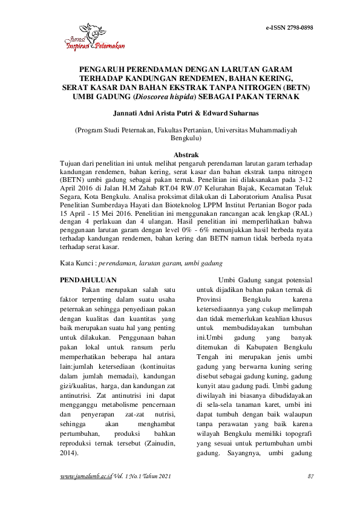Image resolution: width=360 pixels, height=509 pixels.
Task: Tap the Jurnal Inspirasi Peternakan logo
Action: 94,37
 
